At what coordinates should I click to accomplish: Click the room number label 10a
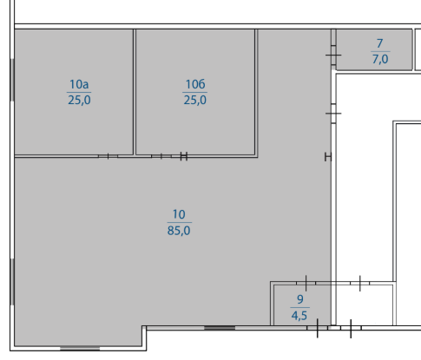[x=79, y=84]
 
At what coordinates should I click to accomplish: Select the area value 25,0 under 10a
[x=79, y=100]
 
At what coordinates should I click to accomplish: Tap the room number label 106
[x=195, y=84]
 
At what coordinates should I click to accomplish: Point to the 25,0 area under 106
[x=195, y=100]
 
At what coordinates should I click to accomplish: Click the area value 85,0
[x=179, y=231]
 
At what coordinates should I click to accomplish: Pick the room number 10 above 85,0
[x=179, y=214]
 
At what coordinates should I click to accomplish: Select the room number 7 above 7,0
[x=380, y=43]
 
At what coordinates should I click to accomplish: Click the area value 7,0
[x=380, y=59]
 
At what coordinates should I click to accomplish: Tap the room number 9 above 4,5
[x=300, y=299]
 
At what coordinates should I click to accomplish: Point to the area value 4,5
[x=299, y=315]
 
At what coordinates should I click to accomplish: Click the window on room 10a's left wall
[x=12, y=80]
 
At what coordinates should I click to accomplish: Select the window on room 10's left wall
[x=12, y=282]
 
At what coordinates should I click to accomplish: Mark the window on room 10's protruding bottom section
[x=80, y=348]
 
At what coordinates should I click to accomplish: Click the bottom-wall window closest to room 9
[x=220, y=328]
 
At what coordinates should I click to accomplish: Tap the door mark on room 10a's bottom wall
[x=108, y=156]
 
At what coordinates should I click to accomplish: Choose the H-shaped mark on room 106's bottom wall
[x=184, y=156]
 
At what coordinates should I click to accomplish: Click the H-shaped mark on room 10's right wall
[x=328, y=157]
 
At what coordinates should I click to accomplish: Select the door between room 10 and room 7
[x=333, y=55]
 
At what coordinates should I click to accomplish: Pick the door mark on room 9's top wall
[x=306, y=283]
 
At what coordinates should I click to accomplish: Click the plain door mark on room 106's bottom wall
[x=161, y=156]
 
